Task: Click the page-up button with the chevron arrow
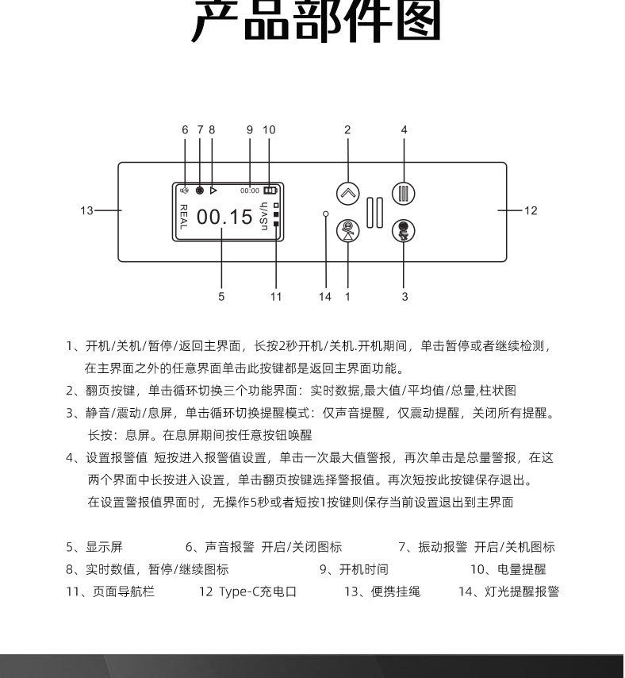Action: coord(347,193)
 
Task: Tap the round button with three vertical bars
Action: coord(404,193)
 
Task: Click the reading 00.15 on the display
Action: coord(224,217)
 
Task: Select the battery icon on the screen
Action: coord(271,191)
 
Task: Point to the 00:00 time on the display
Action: coord(250,191)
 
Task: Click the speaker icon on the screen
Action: coord(184,191)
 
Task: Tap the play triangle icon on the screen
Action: coord(213,191)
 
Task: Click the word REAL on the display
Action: coord(183,217)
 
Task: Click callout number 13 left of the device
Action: coord(86,210)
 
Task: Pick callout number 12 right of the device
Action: coord(531,210)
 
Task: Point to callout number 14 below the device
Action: coord(325,297)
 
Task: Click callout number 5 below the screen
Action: coord(221,297)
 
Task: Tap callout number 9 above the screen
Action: coord(249,129)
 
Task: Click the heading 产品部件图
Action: coord(316,24)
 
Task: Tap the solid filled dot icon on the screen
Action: coord(200,191)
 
